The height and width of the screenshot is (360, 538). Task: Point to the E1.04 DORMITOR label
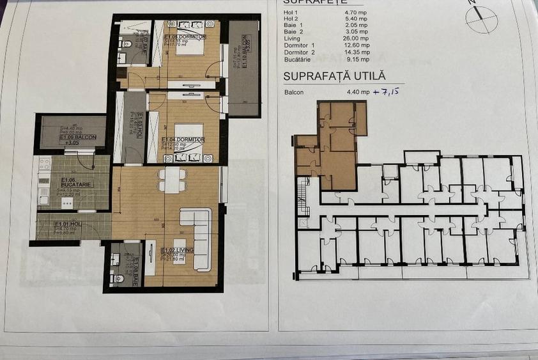coord(183,139)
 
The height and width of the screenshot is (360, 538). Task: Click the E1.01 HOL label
coord(66,224)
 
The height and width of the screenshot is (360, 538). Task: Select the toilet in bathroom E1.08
coord(118,278)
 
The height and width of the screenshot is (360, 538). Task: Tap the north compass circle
coord(481,19)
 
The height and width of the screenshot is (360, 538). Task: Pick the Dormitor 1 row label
coord(300,45)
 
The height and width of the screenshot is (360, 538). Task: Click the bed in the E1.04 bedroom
coord(189,135)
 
